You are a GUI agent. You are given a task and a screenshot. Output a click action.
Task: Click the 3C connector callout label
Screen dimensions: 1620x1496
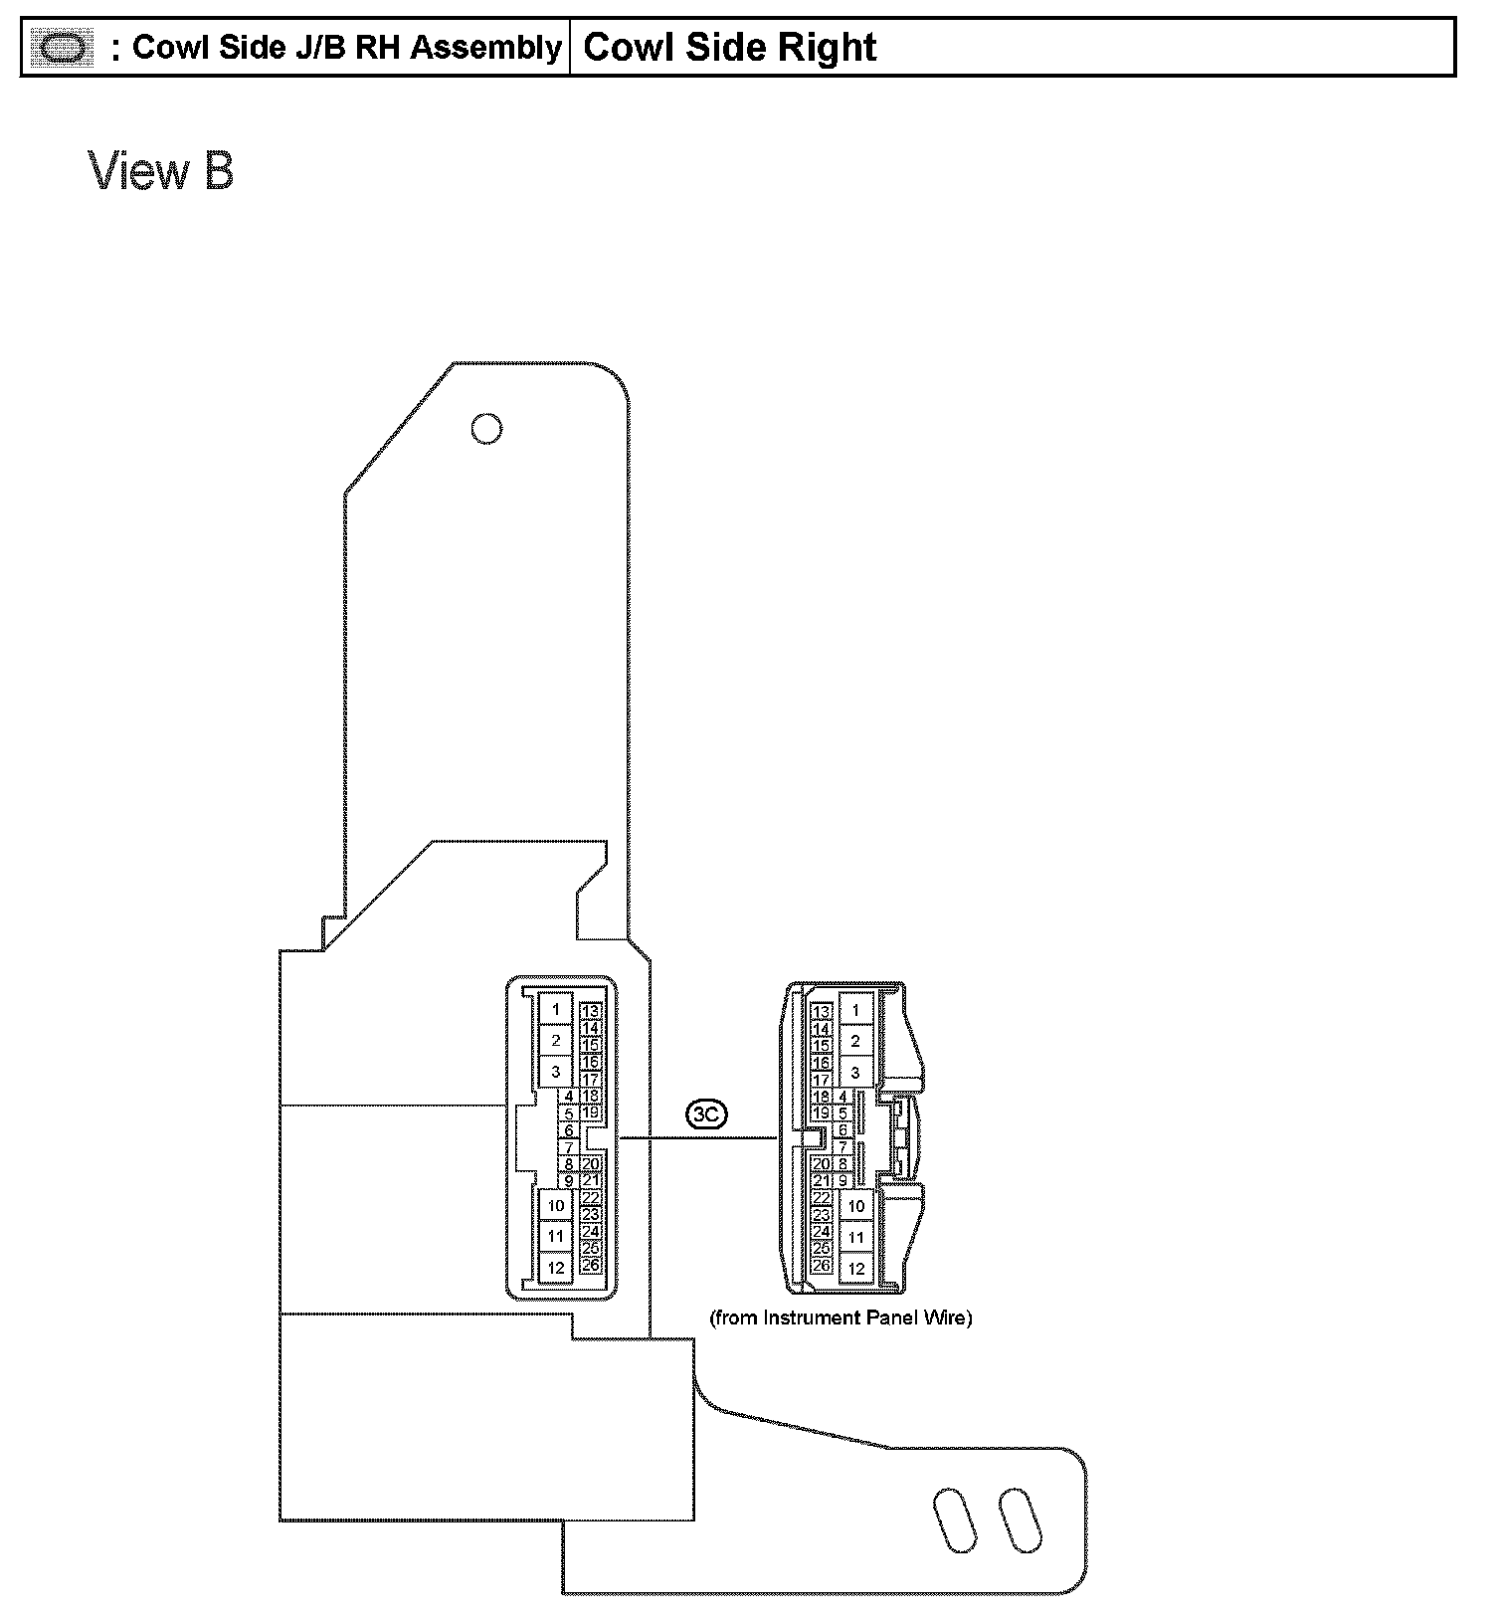coord(705,1115)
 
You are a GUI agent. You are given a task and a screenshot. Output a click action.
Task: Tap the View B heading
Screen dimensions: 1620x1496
coord(161,170)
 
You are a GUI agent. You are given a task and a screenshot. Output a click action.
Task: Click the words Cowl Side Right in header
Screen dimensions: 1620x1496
coord(729,47)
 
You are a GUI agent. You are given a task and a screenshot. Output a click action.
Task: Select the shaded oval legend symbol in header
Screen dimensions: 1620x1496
coord(62,47)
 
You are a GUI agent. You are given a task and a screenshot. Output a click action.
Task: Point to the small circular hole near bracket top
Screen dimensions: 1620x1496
coord(486,429)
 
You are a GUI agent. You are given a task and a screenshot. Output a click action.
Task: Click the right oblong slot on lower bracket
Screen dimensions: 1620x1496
coord(1021,1520)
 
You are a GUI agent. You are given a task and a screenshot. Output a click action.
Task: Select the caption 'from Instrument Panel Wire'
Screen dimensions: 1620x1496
coord(841,1317)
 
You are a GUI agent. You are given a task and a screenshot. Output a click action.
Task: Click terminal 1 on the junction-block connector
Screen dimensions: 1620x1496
coord(556,1009)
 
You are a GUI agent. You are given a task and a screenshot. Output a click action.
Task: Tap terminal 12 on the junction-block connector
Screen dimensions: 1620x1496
coord(556,1268)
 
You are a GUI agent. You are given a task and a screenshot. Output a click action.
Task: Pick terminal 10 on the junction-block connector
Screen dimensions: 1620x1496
coord(556,1205)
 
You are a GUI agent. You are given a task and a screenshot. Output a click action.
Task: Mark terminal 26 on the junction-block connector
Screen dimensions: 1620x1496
coord(591,1265)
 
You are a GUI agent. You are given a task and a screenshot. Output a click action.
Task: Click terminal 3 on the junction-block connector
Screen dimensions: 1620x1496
coord(556,1072)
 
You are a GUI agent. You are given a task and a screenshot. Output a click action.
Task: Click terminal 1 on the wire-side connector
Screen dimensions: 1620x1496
coord(855,1010)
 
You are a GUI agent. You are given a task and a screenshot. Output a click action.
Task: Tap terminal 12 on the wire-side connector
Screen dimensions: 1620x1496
coord(855,1269)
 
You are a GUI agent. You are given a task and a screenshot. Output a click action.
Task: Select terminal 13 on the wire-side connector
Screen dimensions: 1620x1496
coord(822,1012)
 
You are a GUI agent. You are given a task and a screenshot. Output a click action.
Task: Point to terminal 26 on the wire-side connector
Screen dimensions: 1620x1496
coord(822,1266)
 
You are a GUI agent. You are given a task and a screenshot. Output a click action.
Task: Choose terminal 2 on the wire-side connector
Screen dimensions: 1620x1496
coord(855,1042)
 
